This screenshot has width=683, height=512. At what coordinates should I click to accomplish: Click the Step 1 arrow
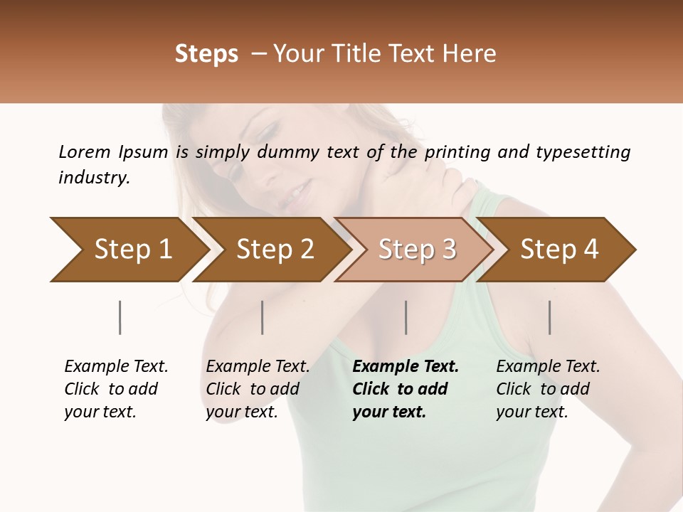[132, 249]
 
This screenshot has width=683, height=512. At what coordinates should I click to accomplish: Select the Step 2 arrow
[274, 249]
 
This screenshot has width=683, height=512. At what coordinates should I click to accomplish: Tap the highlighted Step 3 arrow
[416, 249]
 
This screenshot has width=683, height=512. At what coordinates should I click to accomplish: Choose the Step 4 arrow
[558, 249]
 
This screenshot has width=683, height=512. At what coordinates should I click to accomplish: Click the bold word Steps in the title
[206, 54]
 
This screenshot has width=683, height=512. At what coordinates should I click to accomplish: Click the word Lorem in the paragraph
[84, 151]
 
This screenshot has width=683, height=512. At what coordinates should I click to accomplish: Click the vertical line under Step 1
[120, 317]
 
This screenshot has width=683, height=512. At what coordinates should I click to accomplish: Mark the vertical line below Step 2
[263, 317]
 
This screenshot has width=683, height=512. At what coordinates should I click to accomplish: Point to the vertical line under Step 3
[406, 317]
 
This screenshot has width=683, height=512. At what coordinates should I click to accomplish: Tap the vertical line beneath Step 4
[550, 317]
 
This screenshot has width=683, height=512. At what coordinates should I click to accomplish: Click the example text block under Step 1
[116, 389]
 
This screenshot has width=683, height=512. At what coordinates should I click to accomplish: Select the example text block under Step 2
[258, 389]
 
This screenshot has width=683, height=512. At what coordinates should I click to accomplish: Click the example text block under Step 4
[548, 389]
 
